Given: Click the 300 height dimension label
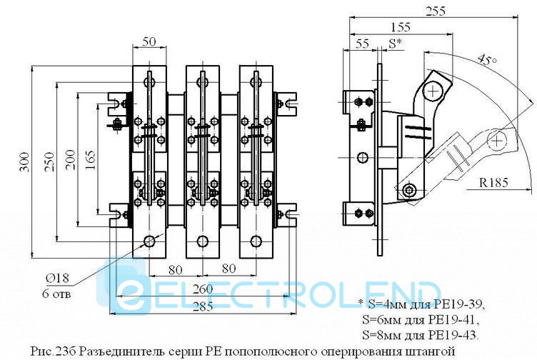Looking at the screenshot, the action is click(25, 161).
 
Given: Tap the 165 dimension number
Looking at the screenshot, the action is click(90, 159).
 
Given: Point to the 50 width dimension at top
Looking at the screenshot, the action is click(149, 41).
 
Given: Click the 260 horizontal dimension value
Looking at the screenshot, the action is click(202, 289).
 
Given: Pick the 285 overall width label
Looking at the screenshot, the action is click(202, 306).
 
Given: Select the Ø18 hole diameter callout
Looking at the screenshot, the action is click(57, 278).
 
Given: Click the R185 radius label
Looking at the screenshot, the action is click(493, 182).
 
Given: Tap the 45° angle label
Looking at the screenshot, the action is click(487, 60).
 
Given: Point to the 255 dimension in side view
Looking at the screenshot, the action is click(436, 11).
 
